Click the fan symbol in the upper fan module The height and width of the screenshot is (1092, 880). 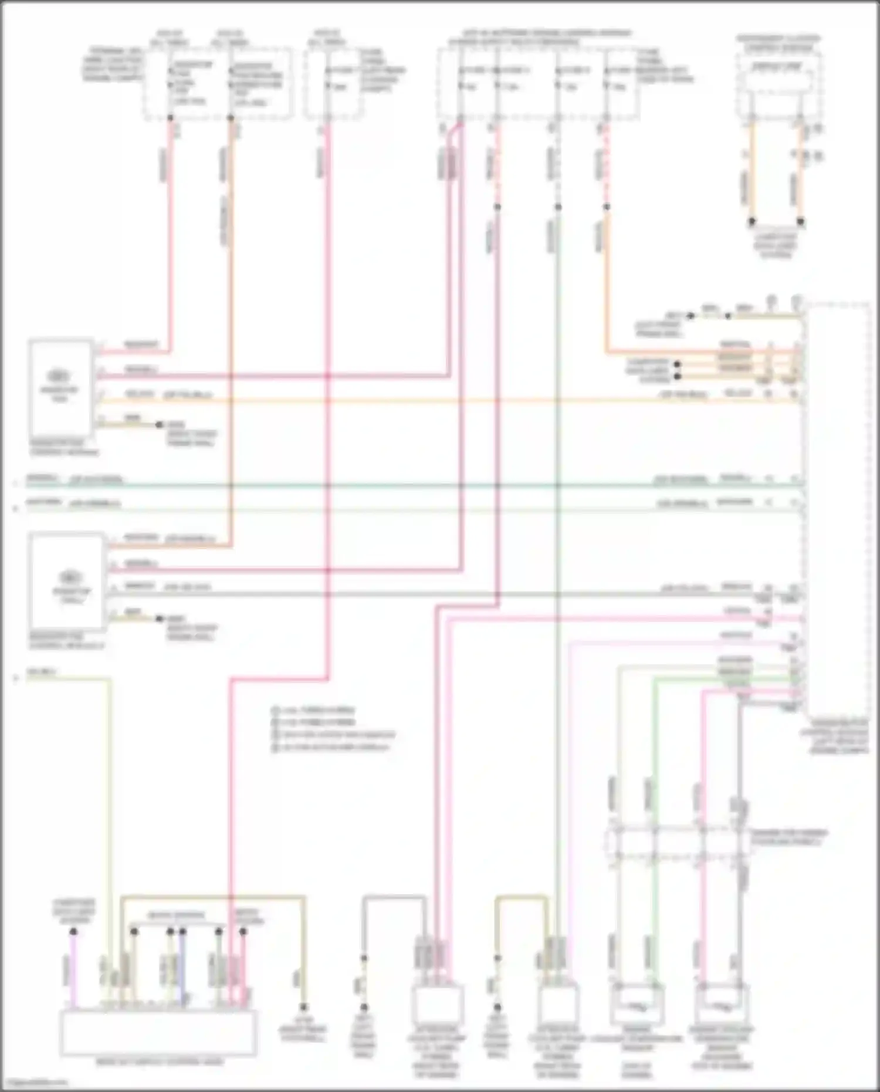click(x=57, y=376)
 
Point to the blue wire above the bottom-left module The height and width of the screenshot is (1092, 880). click(x=182, y=968)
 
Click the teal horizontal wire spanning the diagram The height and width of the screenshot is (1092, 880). click(x=411, y=485)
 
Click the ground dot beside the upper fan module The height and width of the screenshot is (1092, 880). click(x=159, y=424)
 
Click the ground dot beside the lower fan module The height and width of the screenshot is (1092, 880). click(x=159, y=618)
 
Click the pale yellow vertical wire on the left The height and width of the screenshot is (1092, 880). click(x=110, y=821)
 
